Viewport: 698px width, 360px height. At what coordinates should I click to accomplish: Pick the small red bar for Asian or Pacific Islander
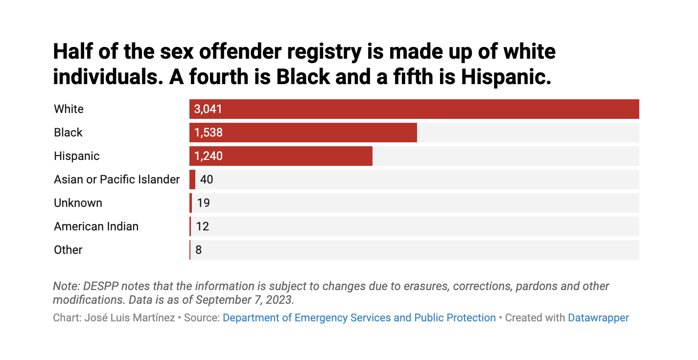click(192, 180)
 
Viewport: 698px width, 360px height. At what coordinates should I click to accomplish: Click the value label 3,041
click(208, 109)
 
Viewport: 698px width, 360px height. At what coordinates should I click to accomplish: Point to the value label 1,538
click(208, 133)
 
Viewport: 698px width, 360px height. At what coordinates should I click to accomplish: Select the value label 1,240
click(208, 156)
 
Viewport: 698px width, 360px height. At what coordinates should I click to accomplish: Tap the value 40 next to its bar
click(207, 180)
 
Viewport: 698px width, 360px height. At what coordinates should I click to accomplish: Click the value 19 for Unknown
click(203, 203)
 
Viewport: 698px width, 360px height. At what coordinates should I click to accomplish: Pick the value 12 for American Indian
click(203, 226)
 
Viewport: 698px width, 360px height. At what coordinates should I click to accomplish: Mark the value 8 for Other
click(198, 250)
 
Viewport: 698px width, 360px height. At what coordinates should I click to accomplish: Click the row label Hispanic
click(77, 156)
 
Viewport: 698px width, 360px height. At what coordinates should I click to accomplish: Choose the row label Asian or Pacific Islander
click(117, 180)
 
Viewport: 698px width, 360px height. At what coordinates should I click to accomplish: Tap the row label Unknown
click(78, 203)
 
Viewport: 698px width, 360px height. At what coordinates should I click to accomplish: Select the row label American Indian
click(96, 226)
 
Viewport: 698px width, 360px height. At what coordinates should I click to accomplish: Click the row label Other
click(68, 250)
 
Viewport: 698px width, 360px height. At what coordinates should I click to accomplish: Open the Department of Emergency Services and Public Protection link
click(359, 318)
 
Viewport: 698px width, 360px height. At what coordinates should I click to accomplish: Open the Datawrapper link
click(598, 318)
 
